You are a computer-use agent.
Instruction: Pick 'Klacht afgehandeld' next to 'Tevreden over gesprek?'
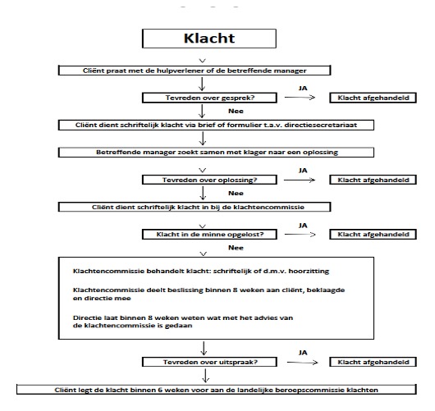coord(373,98)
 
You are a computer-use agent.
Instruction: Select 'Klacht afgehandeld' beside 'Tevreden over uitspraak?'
coord(373,362)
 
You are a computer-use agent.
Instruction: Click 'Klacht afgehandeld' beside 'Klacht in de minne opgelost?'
coord(373,235)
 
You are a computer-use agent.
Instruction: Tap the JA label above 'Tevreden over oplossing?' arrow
coord(303,171)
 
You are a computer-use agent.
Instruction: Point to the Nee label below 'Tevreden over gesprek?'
coord(236,111)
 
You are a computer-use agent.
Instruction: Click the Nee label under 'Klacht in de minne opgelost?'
coord(236,248)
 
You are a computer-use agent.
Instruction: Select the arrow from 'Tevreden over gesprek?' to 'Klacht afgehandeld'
coord(300,97)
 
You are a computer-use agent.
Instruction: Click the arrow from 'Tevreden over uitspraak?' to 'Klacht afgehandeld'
coord(302,363)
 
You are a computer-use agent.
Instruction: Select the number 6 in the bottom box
coord(160,390)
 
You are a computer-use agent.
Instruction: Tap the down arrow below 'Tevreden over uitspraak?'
coord(205,376)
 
